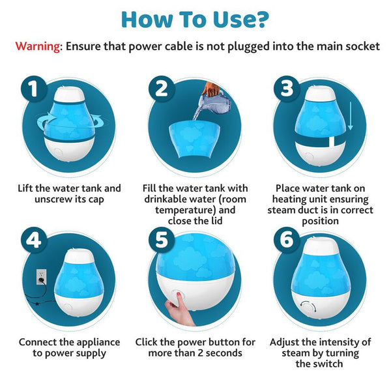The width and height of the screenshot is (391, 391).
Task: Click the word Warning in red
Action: [x=38, y=47]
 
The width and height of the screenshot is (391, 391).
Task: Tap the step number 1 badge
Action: [x=34, y=90]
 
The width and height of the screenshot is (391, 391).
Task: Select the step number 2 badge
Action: [x=162, y=90]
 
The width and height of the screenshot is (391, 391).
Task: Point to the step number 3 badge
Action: [x=287, y=90]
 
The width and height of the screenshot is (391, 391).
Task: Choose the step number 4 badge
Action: [x=34, y=240]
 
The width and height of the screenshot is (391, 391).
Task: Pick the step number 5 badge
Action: [x=162, y=240]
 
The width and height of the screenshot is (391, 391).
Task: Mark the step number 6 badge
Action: [x=287, y=240]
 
